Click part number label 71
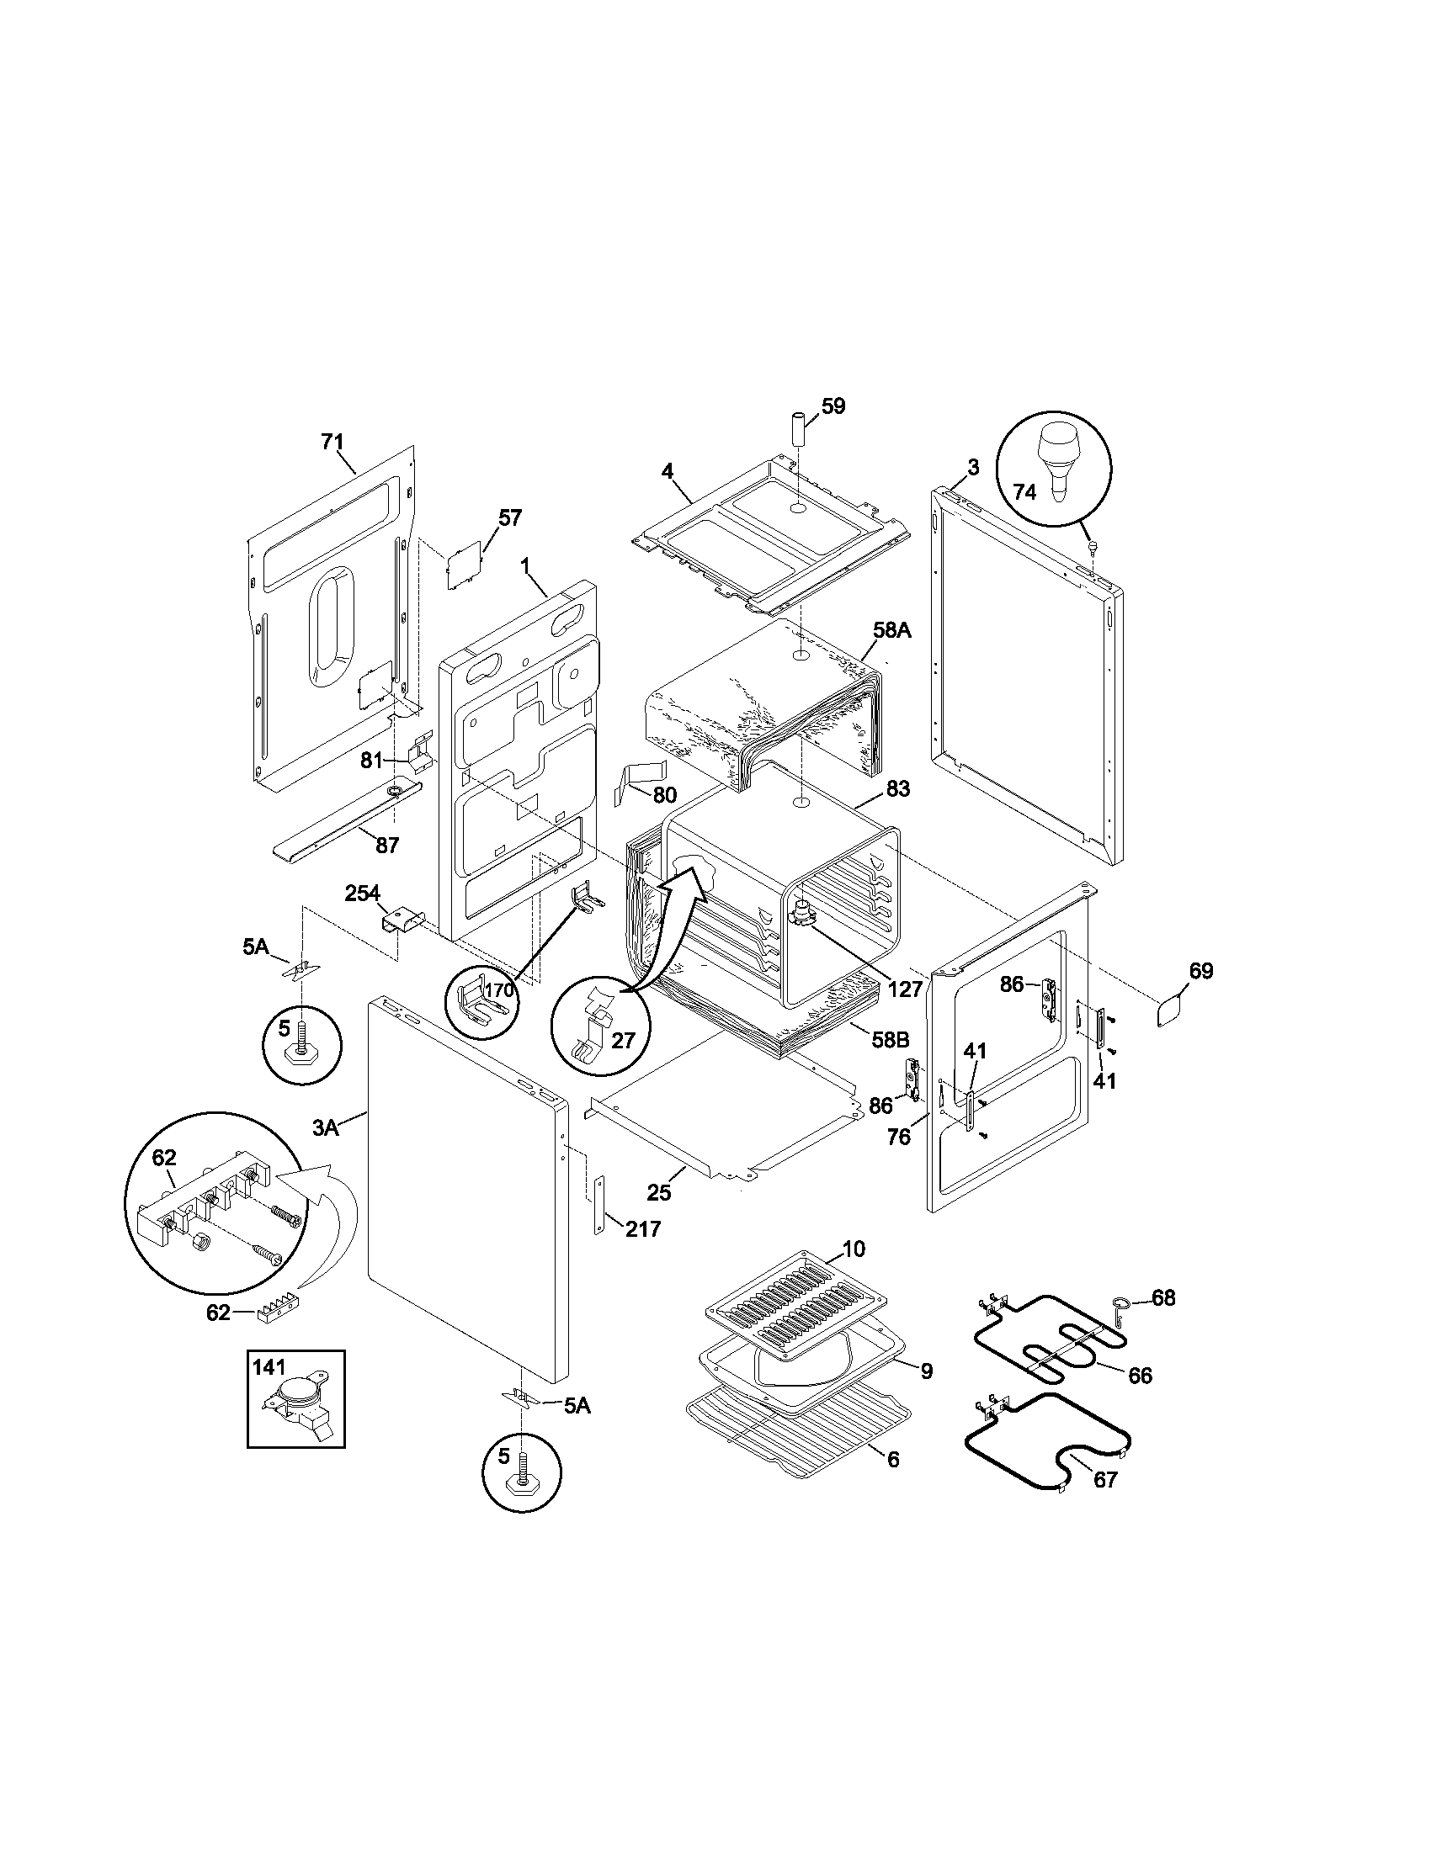332,442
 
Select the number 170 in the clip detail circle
499,989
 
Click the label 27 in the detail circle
622,1040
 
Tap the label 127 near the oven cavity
906,989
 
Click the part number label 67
1105,1479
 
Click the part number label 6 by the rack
893,1459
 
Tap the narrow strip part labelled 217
599,1206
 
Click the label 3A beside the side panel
327,1127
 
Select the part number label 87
387,845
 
